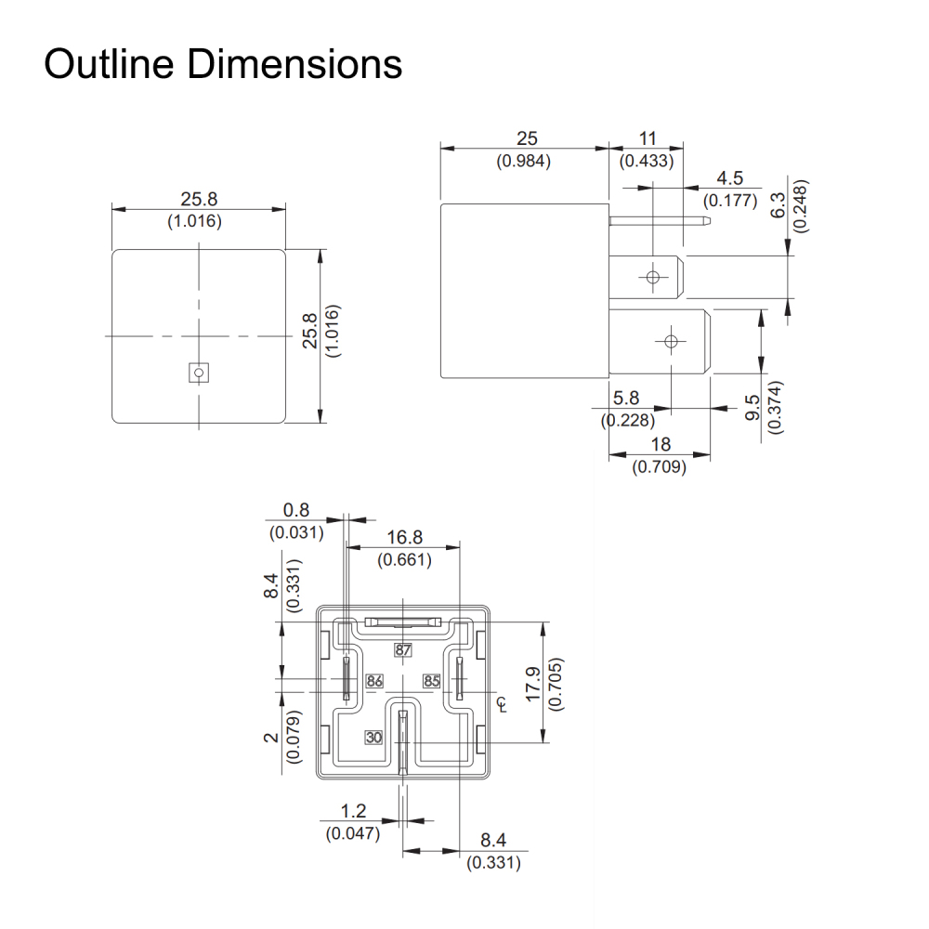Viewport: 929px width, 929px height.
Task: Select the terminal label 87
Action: coord(402,650)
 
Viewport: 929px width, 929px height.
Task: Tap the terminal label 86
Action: coord(374,681)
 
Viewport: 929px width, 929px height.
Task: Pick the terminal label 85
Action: coord(432,681)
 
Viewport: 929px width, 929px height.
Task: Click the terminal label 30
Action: coord(373,738)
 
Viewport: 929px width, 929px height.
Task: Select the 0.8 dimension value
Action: coord(296,510)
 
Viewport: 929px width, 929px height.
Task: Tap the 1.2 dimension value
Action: coord(353,811)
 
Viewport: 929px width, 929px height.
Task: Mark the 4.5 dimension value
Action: coord(730,178)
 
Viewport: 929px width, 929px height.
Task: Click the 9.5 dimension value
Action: coord(752,407)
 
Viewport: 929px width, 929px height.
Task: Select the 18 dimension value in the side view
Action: coord(660,445)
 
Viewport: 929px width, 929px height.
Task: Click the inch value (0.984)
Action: coord(527,161)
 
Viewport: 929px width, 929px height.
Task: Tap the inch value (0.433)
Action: coord(648,161)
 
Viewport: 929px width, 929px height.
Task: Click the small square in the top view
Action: coord(198,372)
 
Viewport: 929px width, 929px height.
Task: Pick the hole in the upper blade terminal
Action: coord(653,277)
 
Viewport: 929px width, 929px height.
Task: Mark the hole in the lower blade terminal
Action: coord(669,341)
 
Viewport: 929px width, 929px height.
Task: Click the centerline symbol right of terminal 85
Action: coord(503,704)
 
